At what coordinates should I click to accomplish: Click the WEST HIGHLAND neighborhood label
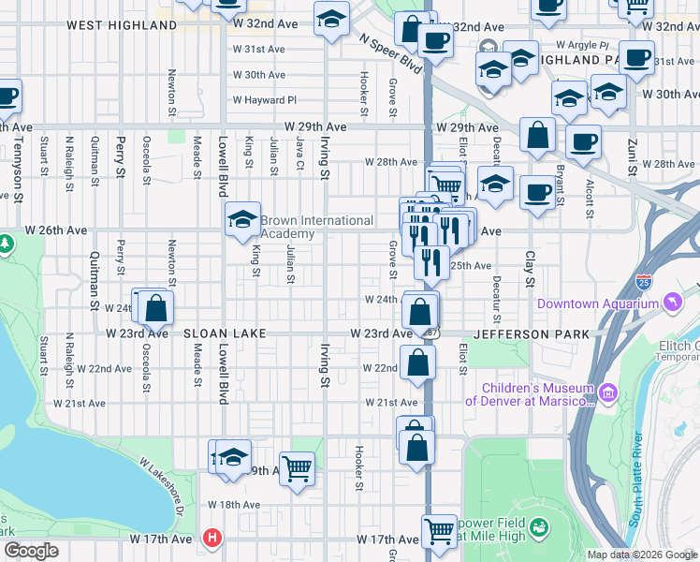pos(122,25)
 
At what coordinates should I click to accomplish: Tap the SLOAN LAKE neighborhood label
pos(225,333)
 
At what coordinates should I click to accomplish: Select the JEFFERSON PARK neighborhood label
pos(532,333)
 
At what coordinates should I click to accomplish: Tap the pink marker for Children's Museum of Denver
pos(608,390)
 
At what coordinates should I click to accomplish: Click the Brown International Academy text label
pos(316,227)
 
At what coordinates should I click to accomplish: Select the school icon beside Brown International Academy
pos(242,220)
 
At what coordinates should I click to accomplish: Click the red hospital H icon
pos(212,539)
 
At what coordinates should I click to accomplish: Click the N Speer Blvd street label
pos(387,49)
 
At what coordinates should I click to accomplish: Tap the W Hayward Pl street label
pos(264,100)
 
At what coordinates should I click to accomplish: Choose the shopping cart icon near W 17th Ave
pos(439,531)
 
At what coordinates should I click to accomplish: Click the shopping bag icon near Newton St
pos(156,306)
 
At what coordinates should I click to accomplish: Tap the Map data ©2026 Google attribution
pos(642,555)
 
